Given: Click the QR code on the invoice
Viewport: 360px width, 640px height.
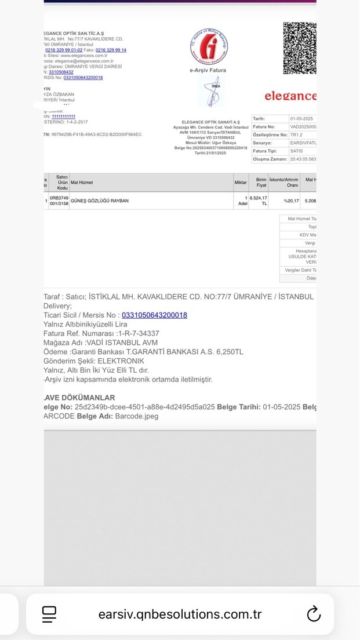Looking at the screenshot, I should (x=300, y=48).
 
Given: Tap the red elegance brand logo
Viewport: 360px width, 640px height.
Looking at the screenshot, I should (x=290, y=96).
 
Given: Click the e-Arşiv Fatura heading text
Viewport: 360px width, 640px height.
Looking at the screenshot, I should (x=208, y=70).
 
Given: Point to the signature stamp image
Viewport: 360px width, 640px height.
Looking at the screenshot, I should (x=212, y=92).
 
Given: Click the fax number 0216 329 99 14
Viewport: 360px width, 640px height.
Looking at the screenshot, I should (x=111, y=50).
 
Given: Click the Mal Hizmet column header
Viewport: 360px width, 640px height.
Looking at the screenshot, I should (x=82, y=183).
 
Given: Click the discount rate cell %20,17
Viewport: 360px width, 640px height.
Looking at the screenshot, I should (x=292, y=201).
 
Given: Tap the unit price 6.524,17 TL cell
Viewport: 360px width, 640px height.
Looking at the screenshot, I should (x=258, y=201).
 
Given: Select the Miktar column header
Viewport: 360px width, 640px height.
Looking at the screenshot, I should (x=241, y=183).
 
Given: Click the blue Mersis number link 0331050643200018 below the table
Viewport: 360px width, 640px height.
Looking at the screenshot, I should (x=154, y=315).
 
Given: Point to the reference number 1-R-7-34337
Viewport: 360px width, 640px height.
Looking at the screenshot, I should (x=139, y=333).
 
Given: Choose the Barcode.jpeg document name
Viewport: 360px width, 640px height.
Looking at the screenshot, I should (x=137, y=416).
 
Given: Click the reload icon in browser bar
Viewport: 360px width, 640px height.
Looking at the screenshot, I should (x=314, y=614).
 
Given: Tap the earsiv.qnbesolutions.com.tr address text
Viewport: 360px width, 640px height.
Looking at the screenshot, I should (x=180, y=614).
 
